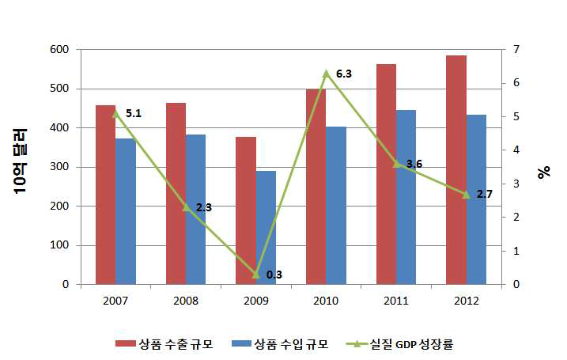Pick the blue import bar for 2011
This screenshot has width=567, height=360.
pos(406,197)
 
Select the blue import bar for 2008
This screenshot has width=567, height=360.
pos(195,210)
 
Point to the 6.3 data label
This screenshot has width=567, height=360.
pos(343,74)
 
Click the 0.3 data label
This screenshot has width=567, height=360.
pos(274,274)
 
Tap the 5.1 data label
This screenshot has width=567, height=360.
pos(133,114)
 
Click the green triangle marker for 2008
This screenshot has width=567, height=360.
pos(185,207)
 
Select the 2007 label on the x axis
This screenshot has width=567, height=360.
pos(115,301)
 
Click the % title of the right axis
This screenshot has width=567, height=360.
pos(543,172)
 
